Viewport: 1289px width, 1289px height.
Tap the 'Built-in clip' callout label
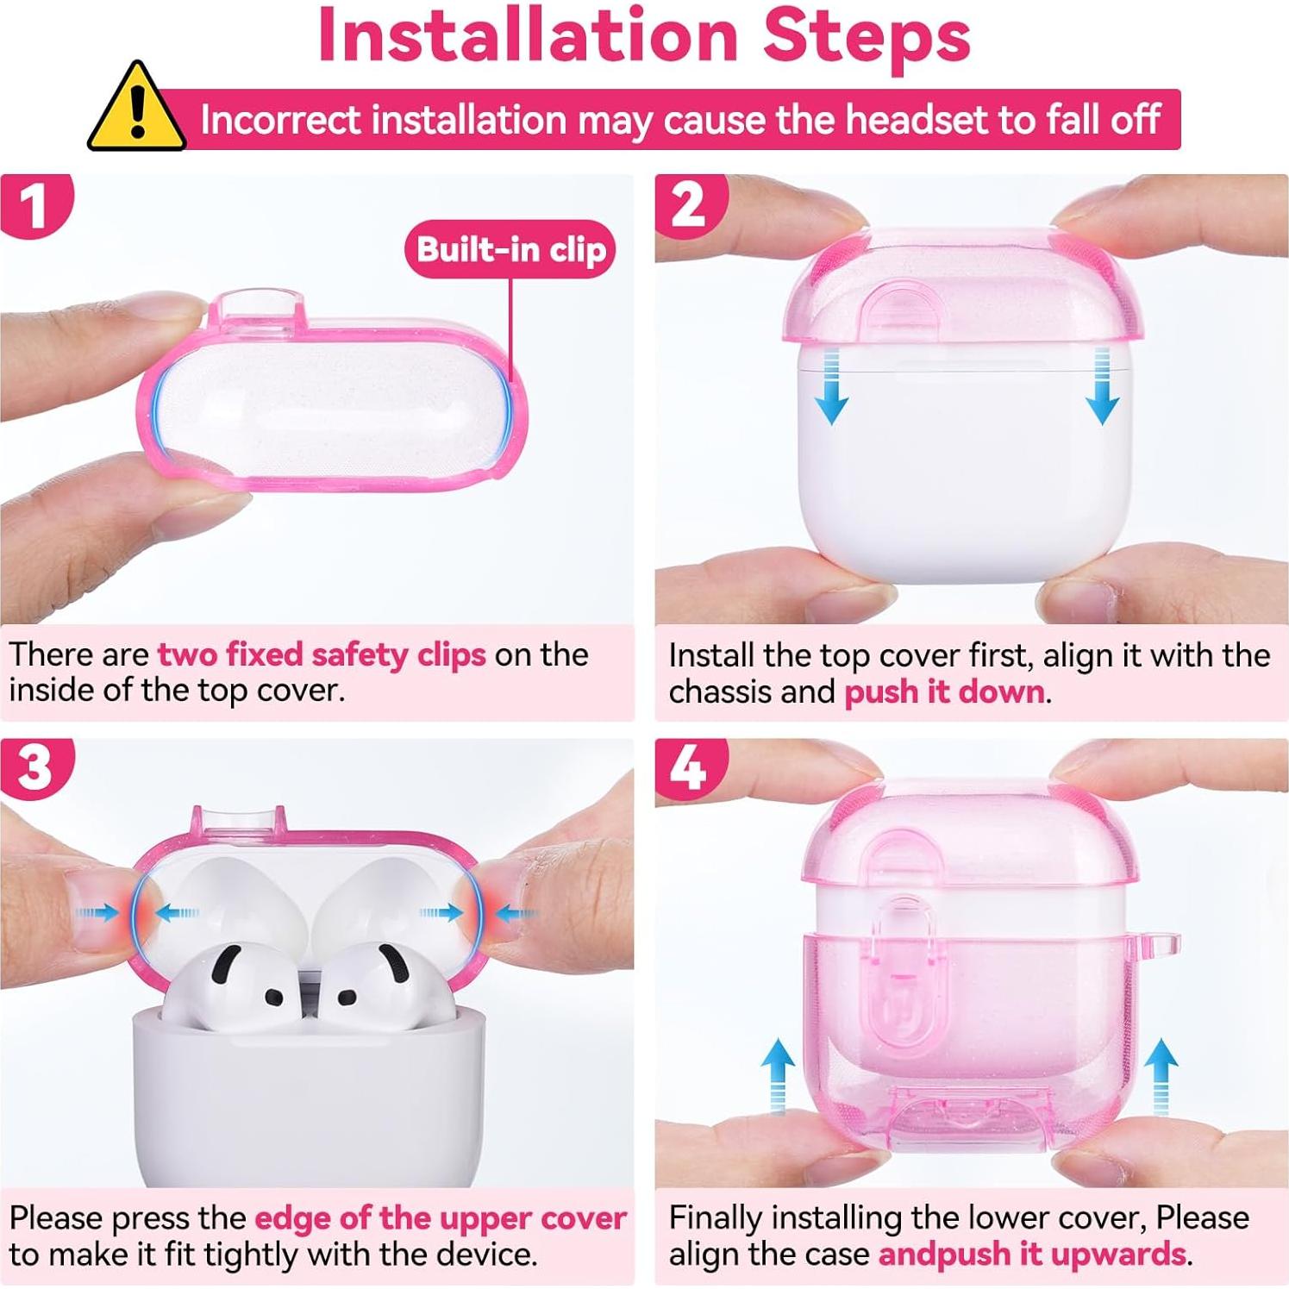(x=510, y=249)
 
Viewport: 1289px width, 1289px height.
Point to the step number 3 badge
(x=34, y=767)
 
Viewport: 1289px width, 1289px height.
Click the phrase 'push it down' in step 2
(x=944, y=692)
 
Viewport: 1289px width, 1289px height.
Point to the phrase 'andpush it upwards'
(x=1032, y=1254)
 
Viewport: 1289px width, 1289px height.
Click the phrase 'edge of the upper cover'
(x=441, y=1218)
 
